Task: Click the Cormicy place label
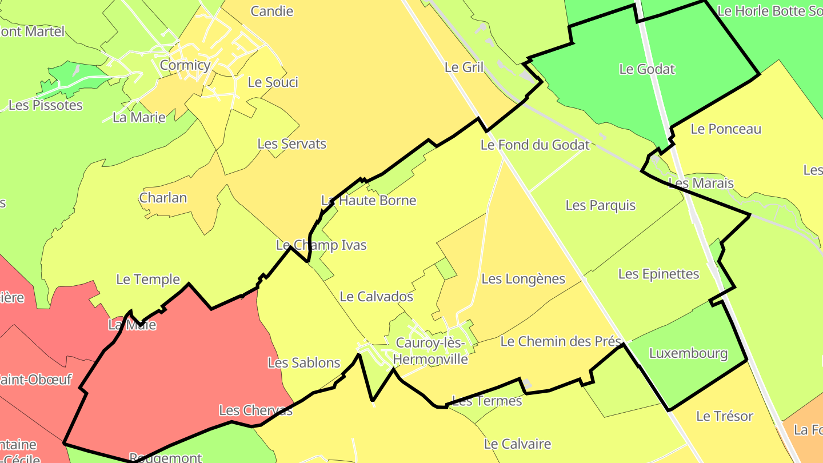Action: pyautogui.click(x=185, y=65)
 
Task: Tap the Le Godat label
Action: pyautogui.click(x=647, y=69)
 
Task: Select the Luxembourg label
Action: pyautogui.click(x=688, y=353)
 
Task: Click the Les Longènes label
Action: pyautogui.click(x=523, y=279)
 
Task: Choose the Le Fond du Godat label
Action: pyautogui.click(x=534, y=145)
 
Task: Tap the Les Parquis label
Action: pyautogui.click(x=600, y=205)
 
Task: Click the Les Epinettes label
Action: pyautogui.click(x=658, y=274)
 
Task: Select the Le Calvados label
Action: pyautogui.click(x=376, y=297)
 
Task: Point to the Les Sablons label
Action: pyautogui.click(x=304, y=362)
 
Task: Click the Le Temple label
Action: pyautogui.click(x=148, y=280)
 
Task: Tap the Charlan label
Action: pyautogui.click(x=163, y=198)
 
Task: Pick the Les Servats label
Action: pyautogui.click(x=291, y=143)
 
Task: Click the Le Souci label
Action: pyautogui.click(x=273, y=82)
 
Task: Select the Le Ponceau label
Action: pyautogui.click(x=726, y=129)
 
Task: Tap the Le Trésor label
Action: pyautogui.click(x=725, y=416)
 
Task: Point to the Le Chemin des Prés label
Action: pyautogui.click(x=560, y=342)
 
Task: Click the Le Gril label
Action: pyautogui.click(x=464, y=67)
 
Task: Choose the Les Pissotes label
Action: pyautogui.click(x=46, y=105)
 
